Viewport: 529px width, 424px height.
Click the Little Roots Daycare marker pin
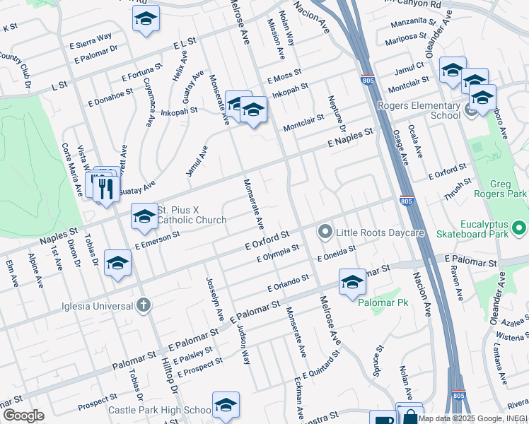(x=325, y=232)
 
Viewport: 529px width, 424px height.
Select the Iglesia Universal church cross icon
(x=143, y=306)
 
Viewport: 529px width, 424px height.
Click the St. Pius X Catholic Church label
(x=191, y=215)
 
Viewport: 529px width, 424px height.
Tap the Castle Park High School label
(x=159, y=410)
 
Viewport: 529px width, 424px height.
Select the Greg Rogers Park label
(x=500, y=189)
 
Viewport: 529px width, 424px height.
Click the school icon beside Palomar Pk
(x=352, y=283)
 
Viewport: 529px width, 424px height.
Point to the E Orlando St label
(x=289, y=284)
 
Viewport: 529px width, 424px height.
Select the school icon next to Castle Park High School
(x=226, y=404)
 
